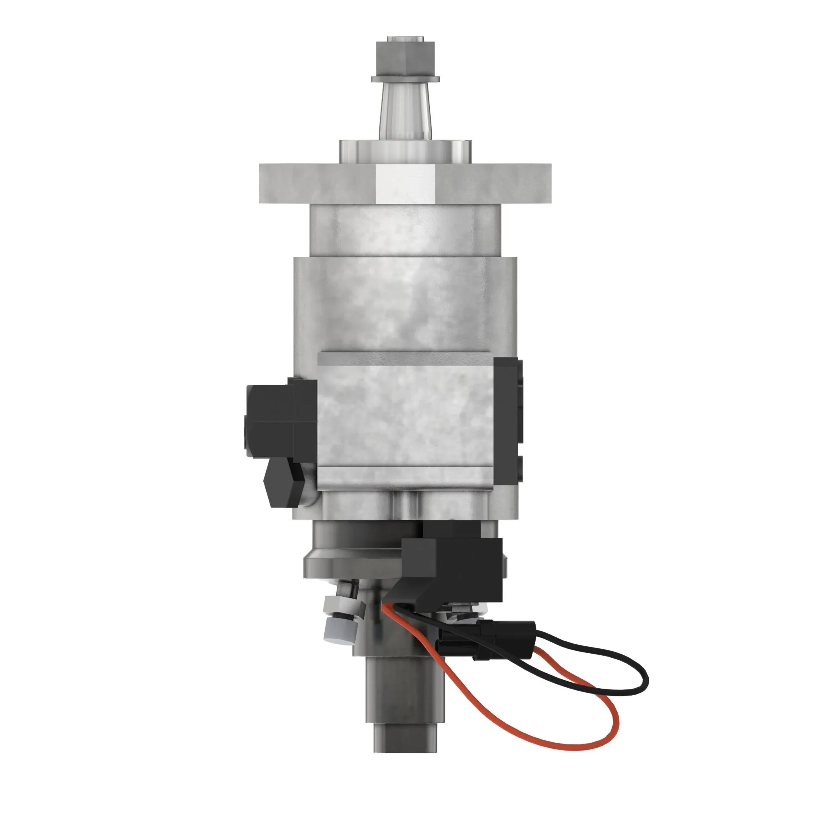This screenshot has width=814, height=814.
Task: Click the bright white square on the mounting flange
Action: click(x=405, y=182)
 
